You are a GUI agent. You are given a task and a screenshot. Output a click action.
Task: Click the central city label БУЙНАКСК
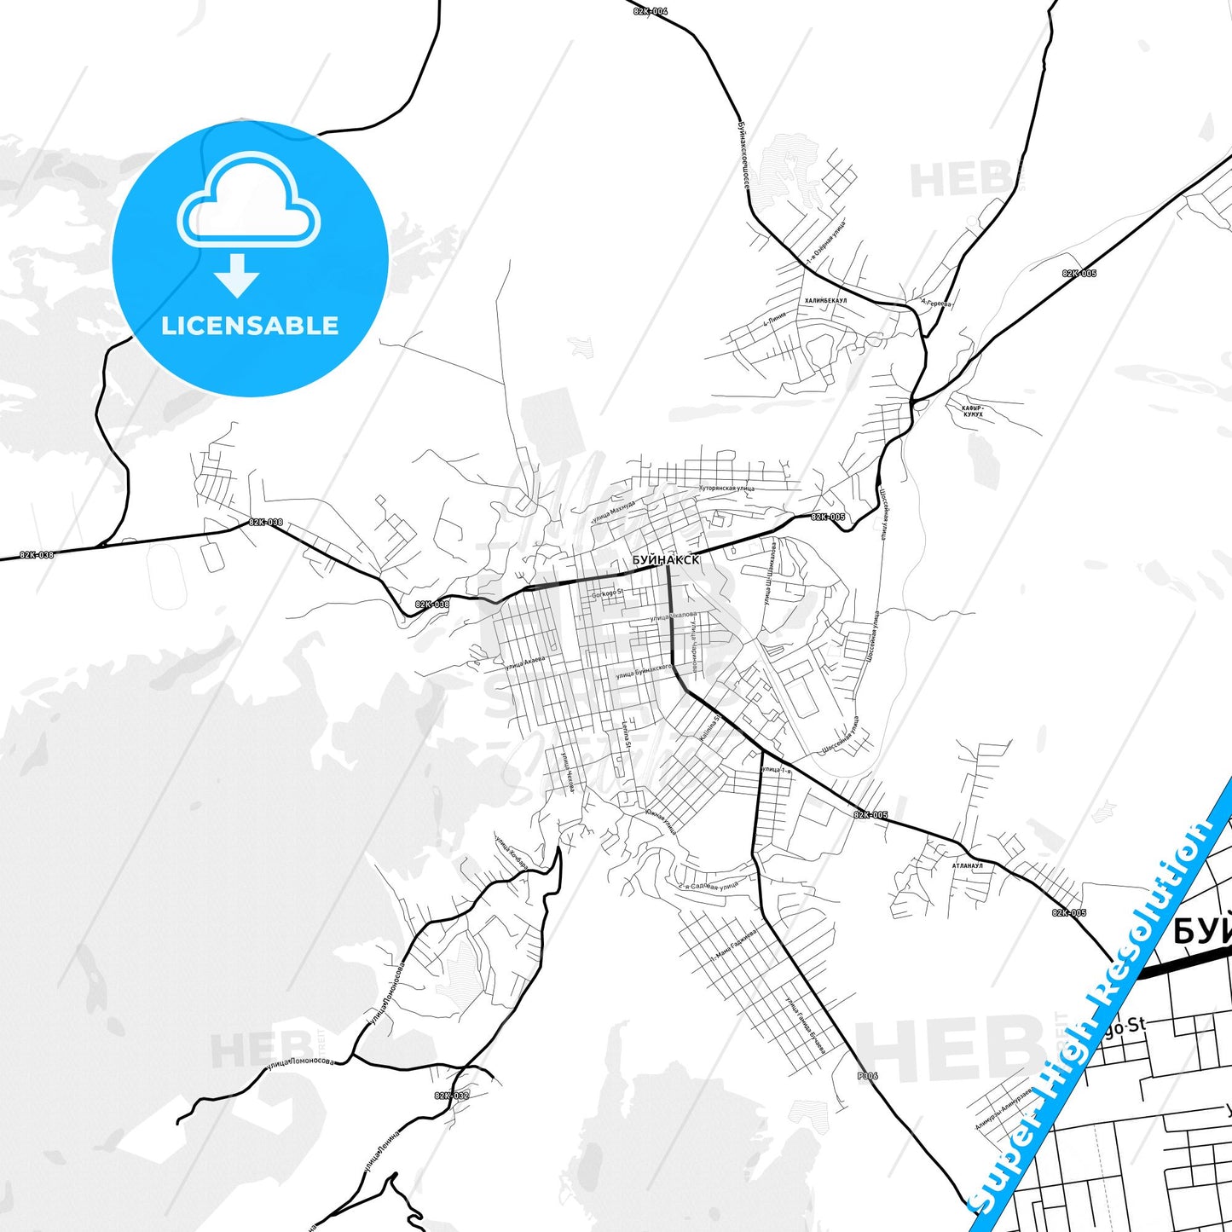click(x=666, y=560)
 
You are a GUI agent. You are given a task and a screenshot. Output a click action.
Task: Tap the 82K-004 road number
click(x=651, y=11)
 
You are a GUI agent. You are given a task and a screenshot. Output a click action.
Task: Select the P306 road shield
click(x=867, y=1076)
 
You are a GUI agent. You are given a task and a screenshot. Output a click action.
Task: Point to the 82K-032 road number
click(x=451, y=1096)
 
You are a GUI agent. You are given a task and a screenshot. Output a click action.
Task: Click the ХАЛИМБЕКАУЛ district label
click(x=825, y=301)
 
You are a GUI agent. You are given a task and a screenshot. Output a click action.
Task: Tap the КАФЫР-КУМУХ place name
click(x=973, y=412)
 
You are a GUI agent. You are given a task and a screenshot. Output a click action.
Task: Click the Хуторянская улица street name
click(x=726, y=489)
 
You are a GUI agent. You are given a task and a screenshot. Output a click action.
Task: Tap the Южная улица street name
click(x=662, y=820)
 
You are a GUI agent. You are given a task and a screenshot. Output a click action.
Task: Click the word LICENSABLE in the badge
click(x=250, y=326)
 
